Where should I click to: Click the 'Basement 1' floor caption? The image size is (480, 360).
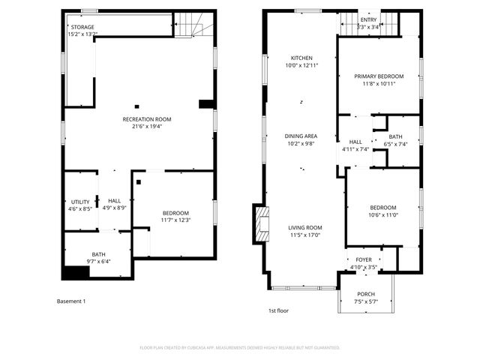(72, 301)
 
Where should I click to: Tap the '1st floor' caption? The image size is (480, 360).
(278, 310)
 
